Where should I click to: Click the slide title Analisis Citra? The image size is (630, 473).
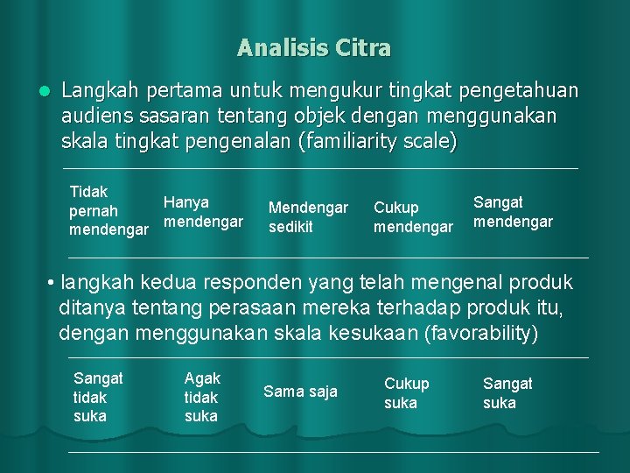click(314, 47)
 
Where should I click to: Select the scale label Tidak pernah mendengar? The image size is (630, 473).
click(108, 211)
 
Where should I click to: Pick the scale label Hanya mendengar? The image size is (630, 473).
click(202, 212)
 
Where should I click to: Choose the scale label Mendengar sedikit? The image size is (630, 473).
click(308, 217)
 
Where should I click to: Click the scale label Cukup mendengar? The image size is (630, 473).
click(413, 217)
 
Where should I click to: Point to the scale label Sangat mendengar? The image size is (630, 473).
click(513, 212)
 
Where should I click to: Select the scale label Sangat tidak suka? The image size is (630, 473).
click(98, 397)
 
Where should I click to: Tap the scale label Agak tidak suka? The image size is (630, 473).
click(202, 397)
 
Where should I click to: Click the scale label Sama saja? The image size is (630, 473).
click(300, 392)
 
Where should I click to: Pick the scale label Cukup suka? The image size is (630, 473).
click(407, 392)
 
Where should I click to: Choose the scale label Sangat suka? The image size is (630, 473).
click(507, 392)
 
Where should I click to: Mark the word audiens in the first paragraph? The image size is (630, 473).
click(94, 116)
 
